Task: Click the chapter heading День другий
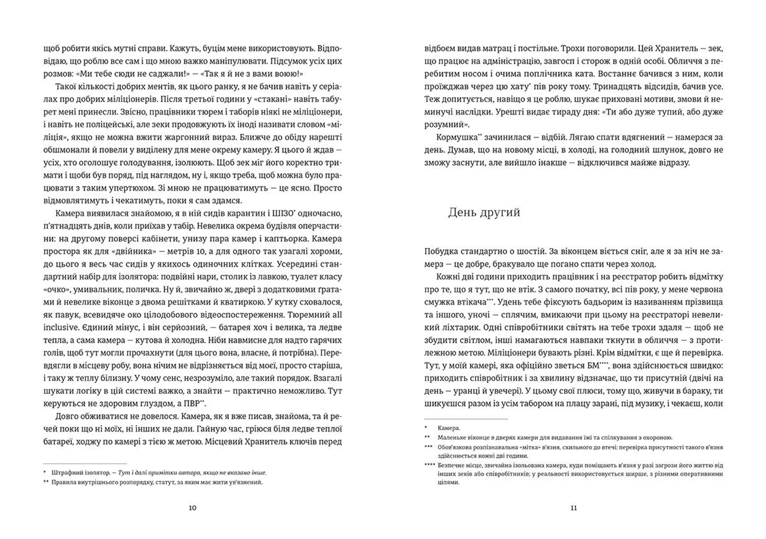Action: coord(484,212)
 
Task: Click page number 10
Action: coord(192,508)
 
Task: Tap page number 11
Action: coord(574,508)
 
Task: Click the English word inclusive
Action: coord(61,327)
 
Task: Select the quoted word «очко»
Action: coord(57,289)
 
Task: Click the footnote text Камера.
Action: coord(448,428)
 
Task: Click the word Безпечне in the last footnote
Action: coord(451,466)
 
